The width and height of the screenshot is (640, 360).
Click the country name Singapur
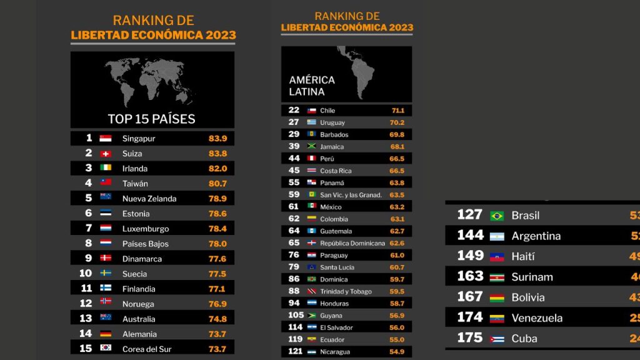139,139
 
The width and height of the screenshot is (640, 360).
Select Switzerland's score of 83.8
217,154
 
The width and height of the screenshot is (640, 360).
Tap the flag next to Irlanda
106,169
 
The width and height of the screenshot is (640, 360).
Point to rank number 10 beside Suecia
86,273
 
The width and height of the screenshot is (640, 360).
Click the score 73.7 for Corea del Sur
217,349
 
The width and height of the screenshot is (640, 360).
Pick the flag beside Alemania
106,334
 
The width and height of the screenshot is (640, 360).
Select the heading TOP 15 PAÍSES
151,119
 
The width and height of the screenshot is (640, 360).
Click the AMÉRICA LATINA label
312,86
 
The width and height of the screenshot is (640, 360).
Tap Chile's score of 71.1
397,111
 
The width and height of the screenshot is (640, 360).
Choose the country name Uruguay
332,122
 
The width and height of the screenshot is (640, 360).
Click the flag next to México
312,207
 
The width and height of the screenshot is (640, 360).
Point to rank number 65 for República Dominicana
294,243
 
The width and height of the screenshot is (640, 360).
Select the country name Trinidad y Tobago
346,291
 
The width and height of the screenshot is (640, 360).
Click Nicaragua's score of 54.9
397,352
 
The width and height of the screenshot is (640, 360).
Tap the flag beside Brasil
497,216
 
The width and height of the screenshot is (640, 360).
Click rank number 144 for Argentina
470,236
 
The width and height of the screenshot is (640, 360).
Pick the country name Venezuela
537,318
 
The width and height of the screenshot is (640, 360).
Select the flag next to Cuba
497,339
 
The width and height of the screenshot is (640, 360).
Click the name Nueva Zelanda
149,199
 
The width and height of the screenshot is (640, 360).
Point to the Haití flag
497,257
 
